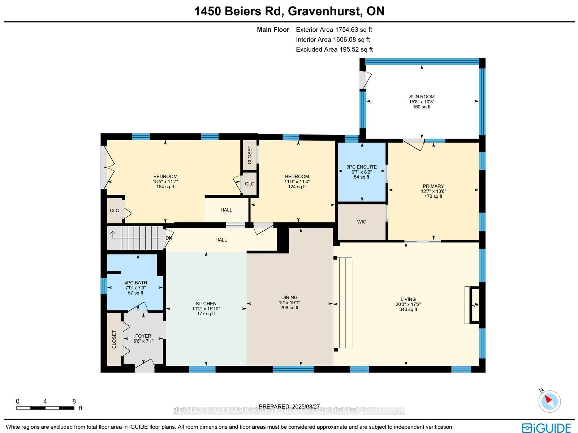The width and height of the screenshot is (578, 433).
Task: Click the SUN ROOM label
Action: click(x=422, y=97)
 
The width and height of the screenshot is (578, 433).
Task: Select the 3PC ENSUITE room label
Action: click(x=362, y=167)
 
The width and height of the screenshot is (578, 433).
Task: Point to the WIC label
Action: click(x=362, y=222)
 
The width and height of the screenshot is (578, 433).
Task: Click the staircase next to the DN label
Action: click(x=135, y=238)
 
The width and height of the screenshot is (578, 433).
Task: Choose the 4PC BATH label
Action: click(x=135, y=283)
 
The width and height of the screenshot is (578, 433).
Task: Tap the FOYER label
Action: click(x=143, y=336)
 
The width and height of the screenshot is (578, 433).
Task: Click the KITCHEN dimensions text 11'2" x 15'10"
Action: click(x=206, y=309)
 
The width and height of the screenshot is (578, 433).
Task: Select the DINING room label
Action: click(x=289, y=297)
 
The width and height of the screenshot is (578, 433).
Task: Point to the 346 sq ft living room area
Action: click(x=408, y=309)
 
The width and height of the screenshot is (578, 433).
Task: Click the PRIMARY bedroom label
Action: click(x=433, y=186)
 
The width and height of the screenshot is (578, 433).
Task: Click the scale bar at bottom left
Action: click(x=45, y=408)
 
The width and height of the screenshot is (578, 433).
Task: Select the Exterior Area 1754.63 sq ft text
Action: click(x=334, y=30)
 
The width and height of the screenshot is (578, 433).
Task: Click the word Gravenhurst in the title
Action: click(x=324, y=11)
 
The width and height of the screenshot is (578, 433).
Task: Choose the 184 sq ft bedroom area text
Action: click(x=165, y=187)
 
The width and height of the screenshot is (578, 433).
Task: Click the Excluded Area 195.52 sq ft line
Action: click(x=334, y=50)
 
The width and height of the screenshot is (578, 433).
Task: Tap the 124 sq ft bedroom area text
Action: click(x=297, y=187)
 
